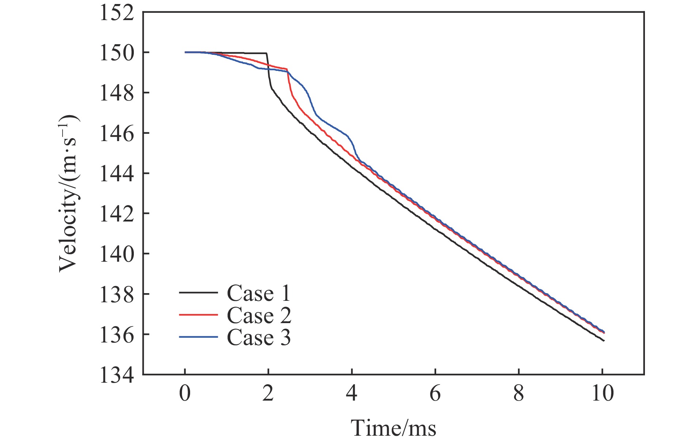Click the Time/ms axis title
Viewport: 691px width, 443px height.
(393, 428)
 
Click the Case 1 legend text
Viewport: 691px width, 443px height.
(258, 293)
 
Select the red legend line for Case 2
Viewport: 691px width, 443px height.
(198, 315)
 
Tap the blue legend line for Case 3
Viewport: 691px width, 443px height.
(198, 337)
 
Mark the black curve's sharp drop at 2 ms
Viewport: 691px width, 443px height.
(269, 73)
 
